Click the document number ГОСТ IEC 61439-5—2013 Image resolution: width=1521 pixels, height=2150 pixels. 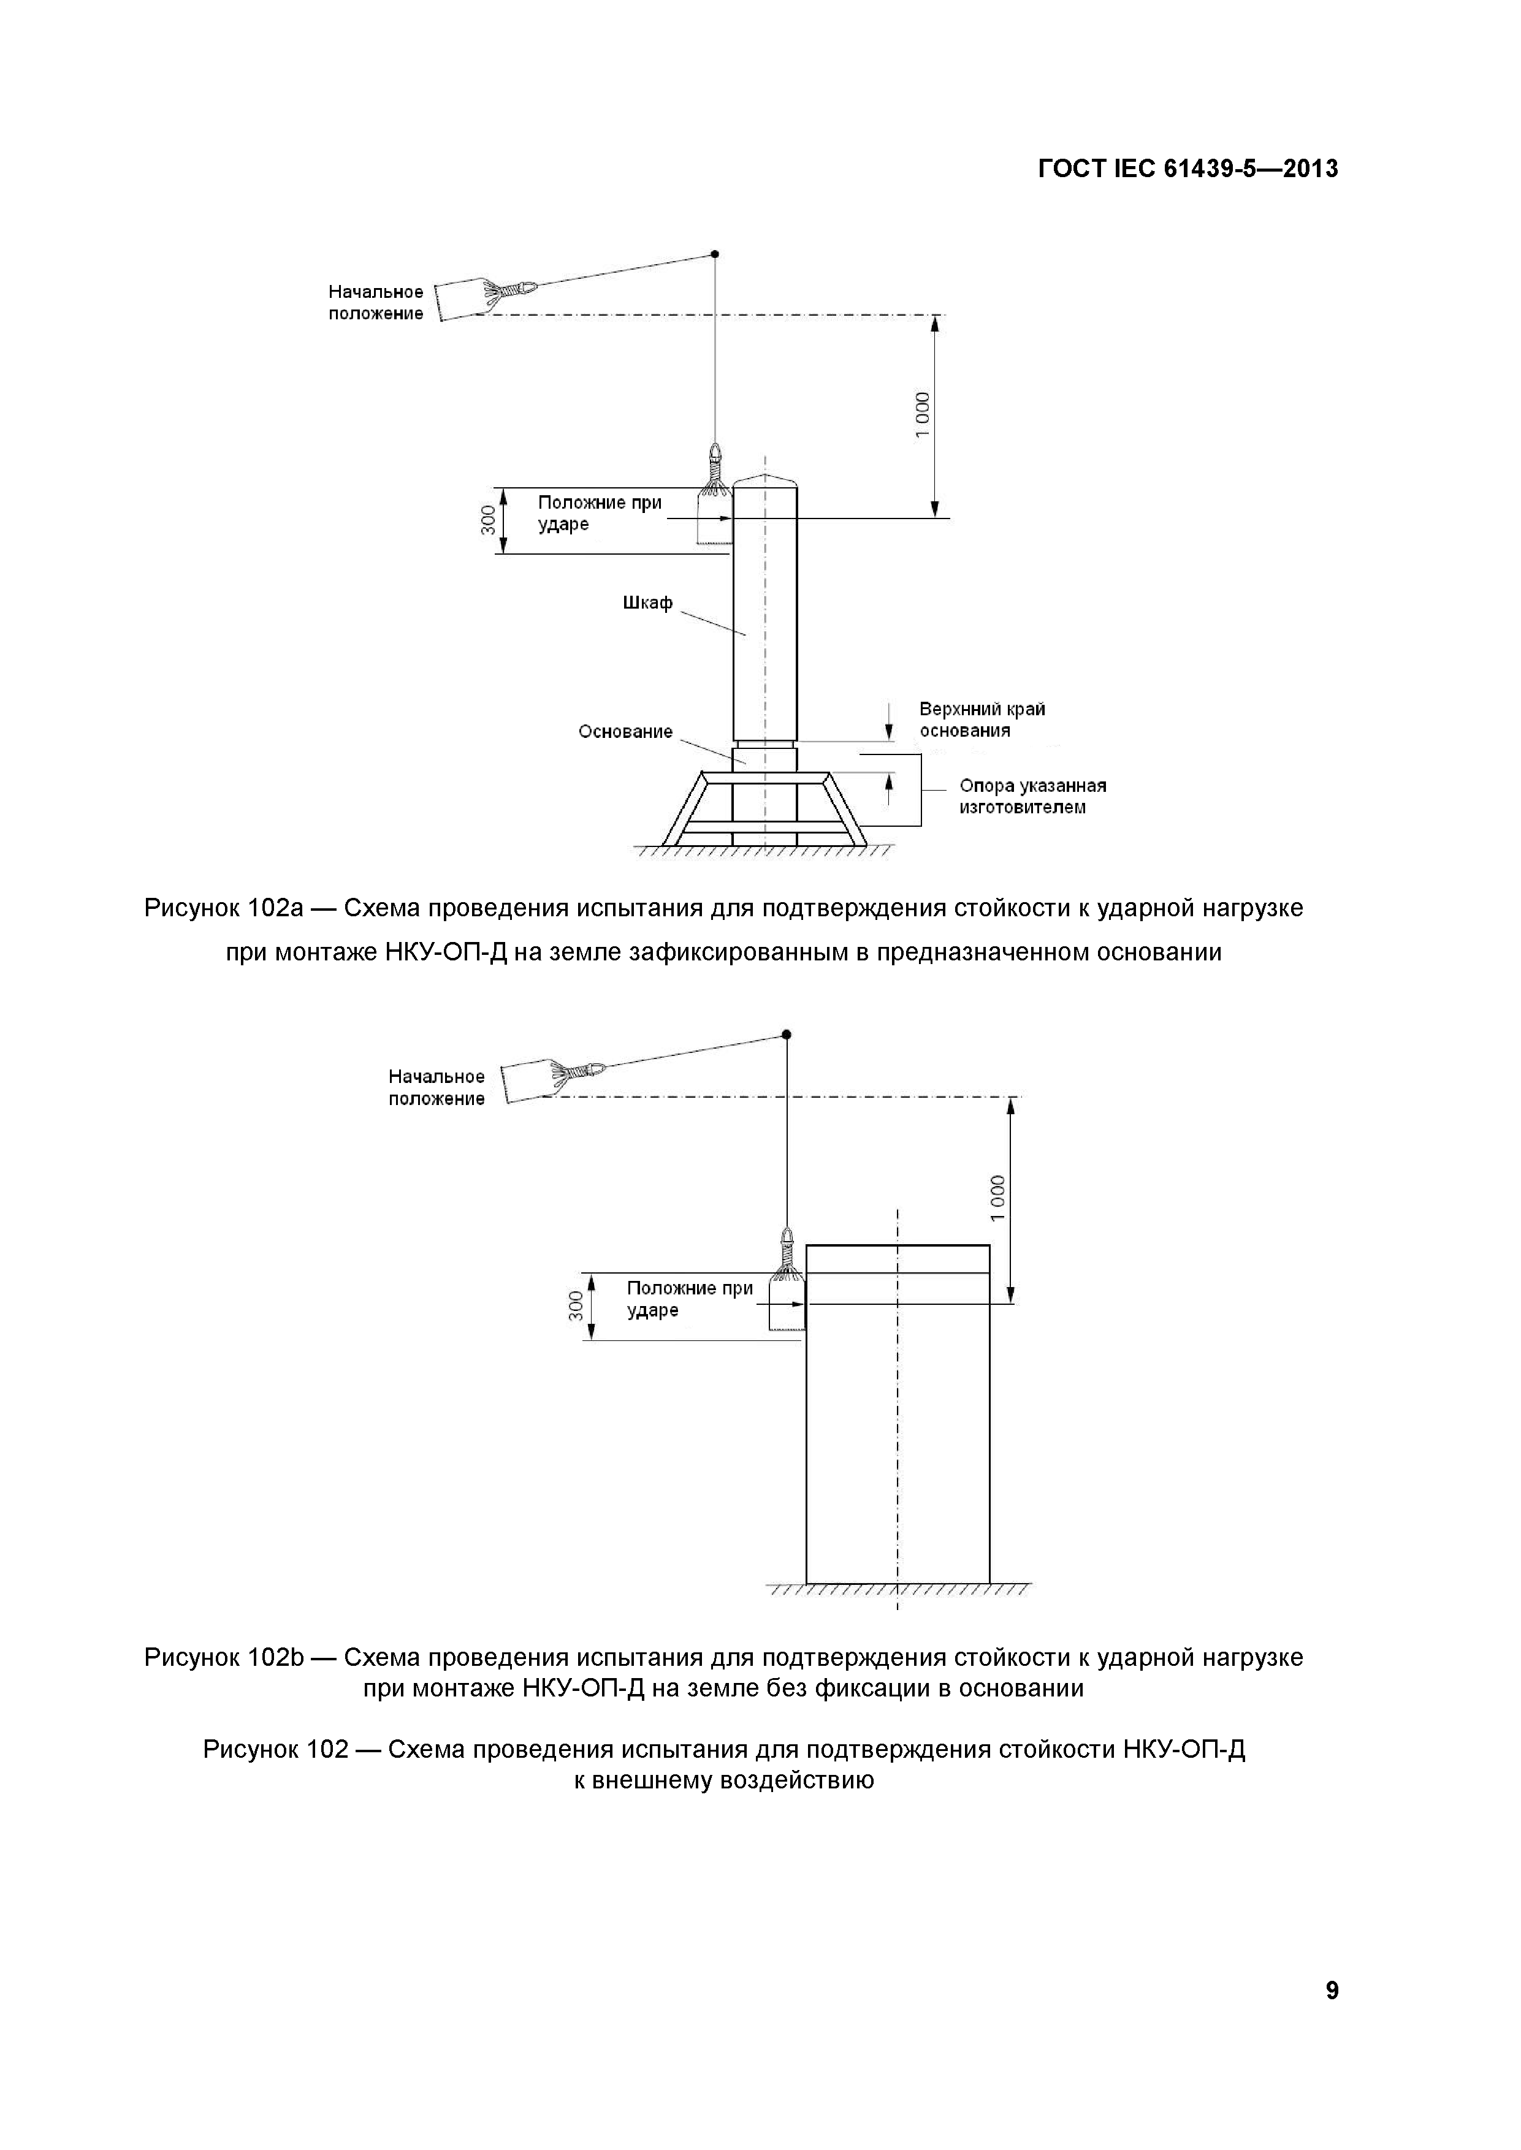tap(1187, 170)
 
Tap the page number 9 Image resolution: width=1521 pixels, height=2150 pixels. tap(1332, 2017)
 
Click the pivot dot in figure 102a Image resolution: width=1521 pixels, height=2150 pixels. tap(715, 254)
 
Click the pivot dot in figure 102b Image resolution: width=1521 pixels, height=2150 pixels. tap(787, 1034)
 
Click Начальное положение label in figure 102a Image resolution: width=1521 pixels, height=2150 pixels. tap(376, 303)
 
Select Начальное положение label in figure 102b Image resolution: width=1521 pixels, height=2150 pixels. tap(436, 1088)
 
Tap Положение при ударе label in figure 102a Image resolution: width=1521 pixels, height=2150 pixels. tap(600, 513)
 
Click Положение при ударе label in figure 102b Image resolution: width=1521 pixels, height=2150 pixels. tap(689, 1299)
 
